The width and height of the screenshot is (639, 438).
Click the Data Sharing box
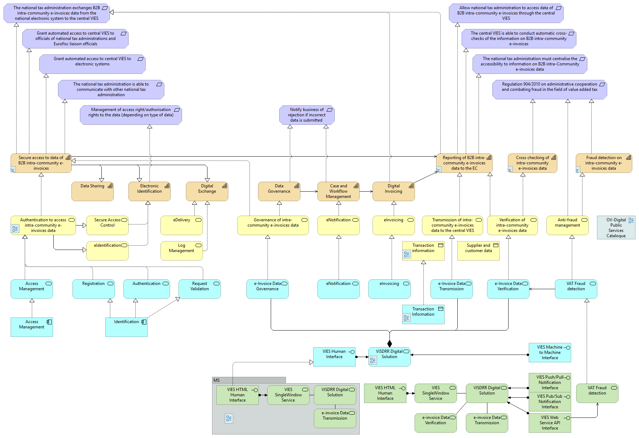pos(92,192)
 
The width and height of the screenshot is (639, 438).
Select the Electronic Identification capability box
pos(149,192)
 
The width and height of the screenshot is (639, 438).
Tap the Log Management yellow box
pos(181,251)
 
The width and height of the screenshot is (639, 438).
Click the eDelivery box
pos(181,226)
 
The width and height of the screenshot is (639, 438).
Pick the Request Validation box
pos(199,289)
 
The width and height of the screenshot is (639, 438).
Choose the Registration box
pos(93,289)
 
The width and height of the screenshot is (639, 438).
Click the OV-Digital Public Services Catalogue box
pos(616,228)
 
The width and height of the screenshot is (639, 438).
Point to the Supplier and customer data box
pos(478,251)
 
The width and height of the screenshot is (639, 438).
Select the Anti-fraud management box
pos(567,226)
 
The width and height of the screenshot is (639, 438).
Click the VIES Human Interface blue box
pos(334,357)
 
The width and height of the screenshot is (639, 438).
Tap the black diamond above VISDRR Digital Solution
pos(389,344)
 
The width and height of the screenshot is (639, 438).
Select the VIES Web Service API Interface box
pos(550,423)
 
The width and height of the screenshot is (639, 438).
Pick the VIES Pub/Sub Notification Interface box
pos(550,402)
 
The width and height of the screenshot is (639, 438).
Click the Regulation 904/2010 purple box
pos(549,89)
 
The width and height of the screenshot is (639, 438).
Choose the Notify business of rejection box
pos(306,115)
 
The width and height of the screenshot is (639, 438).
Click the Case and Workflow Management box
pos(338,192)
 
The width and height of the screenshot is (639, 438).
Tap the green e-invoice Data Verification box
pos(435,423)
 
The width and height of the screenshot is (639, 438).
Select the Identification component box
pos(126,327)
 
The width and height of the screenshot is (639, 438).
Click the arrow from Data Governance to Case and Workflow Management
pos(309,192)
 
